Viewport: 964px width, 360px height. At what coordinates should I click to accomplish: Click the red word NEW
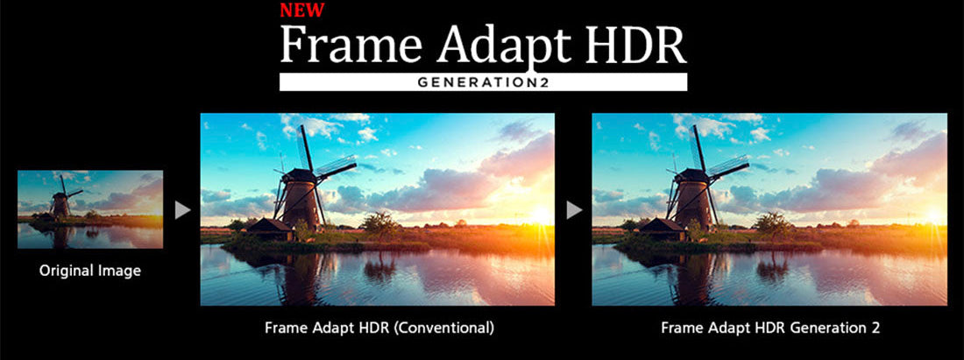pyautogui.click(x=301, y=11)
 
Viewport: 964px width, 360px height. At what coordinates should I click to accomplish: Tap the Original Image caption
pyautogui.click(x=89, y=271)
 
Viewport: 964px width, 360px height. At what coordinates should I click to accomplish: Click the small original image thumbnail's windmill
pyautogui.click(x=60, y=200)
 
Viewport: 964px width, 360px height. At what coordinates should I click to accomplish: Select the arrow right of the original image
pyautogui.click(x=182, y=211)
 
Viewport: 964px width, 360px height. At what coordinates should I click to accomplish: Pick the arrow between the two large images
pyautogui.click(x=574, y=211)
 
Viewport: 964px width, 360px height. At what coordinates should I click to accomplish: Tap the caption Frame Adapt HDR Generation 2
pyautogui.click(x=770, y=328)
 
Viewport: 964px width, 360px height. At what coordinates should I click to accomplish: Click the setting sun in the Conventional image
pyautogui.click(x=542, y=215)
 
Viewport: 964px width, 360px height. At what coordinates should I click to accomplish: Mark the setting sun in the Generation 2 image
pyautogui.click(x=935, y=215)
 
